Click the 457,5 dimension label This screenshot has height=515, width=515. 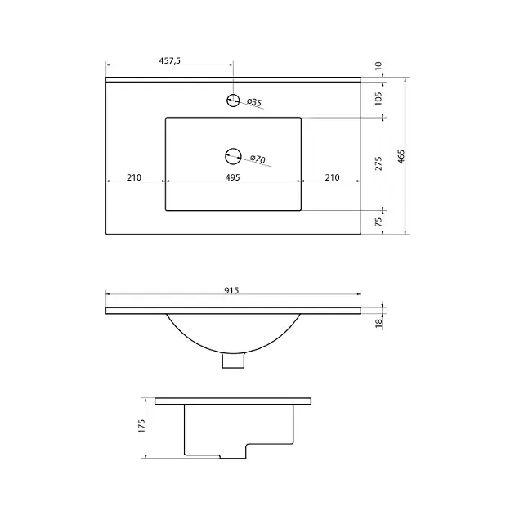click(x=170, y=60)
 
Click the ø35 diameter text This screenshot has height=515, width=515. click(x=254, y=102)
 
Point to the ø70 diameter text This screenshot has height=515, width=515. click(x=257, y=159)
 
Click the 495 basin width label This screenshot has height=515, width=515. click(x=232, y=177)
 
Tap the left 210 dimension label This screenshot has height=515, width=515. click(x=134, y=177)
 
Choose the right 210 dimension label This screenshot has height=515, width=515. click(x=332, y=177)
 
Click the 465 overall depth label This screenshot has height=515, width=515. click(x=401, y=157)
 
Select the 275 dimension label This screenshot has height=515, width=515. click(x=378, y=163)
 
